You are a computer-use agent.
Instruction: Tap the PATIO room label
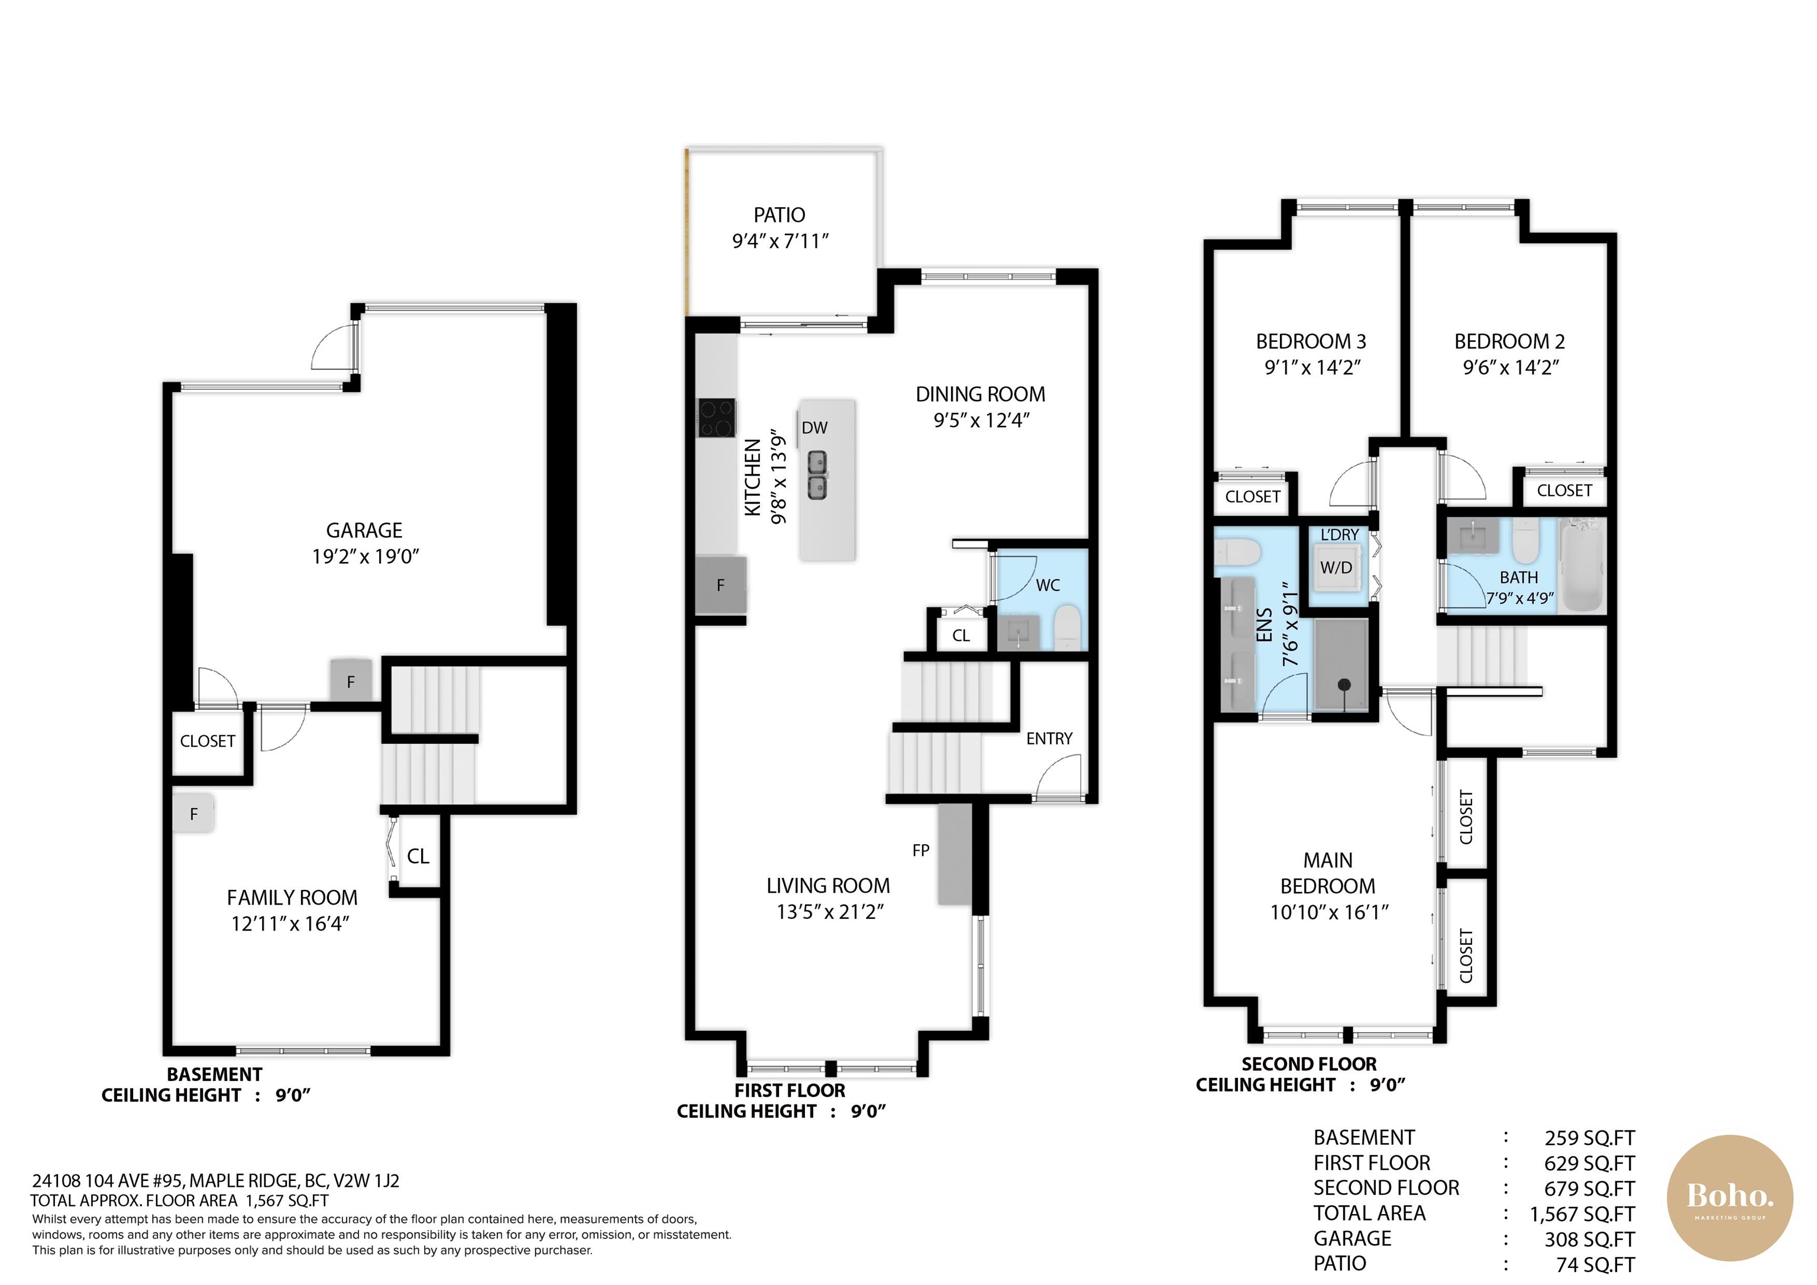[780, 215]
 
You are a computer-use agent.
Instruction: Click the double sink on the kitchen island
[817, 475]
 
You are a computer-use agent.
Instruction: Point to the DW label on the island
[814, 428]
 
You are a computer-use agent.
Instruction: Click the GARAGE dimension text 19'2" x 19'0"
[365, 557]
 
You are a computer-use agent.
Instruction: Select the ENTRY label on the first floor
[1049, 739]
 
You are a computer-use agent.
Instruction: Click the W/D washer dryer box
[1337, 568]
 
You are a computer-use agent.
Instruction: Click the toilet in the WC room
[1068, 628]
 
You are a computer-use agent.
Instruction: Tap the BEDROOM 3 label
[1311, 342]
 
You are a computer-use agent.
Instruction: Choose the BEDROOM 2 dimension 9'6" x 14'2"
[1511, 367]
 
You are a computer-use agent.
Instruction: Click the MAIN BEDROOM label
[1328, 873]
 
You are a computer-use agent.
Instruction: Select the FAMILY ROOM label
[292, 898]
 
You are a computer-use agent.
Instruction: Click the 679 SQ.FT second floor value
[1589, 1189]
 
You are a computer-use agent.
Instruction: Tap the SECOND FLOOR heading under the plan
[1309, 1064]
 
